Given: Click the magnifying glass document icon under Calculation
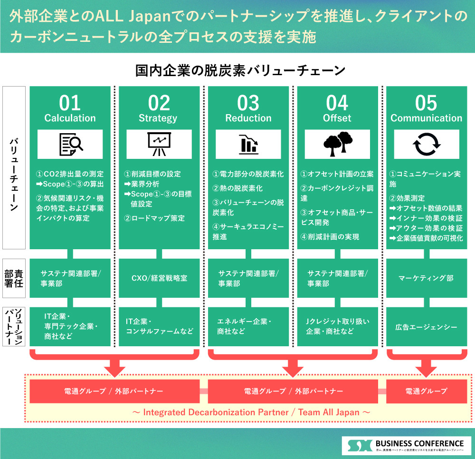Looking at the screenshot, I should click(70, 145).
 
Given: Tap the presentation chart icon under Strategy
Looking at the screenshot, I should click(159, 145).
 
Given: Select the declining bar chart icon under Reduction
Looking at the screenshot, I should click(248, 145).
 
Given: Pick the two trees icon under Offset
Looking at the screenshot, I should click(337, 145).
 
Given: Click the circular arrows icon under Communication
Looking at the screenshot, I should click(427, 145).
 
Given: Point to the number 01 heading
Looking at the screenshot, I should click(70, 102).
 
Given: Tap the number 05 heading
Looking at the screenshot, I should click(426, 102).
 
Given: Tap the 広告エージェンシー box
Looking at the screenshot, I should click(427, 327).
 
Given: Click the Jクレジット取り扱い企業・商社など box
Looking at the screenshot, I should click(337, 327).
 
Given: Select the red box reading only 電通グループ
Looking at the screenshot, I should click(427, 391).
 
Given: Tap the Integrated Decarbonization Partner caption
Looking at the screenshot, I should click(250, 412).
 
